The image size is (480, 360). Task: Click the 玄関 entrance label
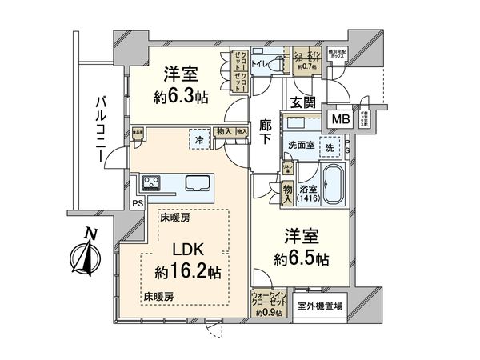pos(303,102)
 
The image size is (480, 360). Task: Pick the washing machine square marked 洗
pos(330,149)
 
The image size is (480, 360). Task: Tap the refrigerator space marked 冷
pos(198,139)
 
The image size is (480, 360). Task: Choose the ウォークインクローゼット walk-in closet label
pos(270,302)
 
